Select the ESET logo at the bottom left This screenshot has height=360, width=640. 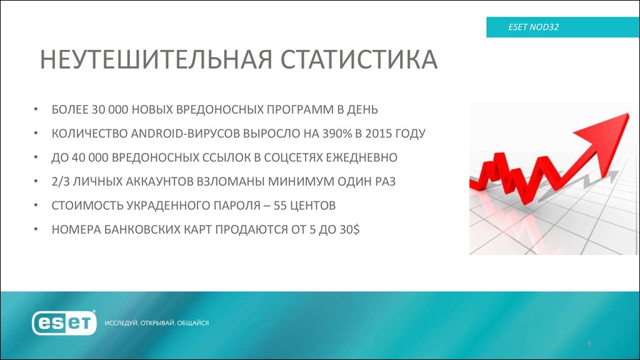pos(65,322)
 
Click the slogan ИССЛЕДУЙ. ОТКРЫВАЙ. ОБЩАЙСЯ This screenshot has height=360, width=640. pos(156,323)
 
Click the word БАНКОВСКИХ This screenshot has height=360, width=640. pos(135,229)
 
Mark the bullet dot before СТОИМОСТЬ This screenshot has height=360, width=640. pos(37,206)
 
